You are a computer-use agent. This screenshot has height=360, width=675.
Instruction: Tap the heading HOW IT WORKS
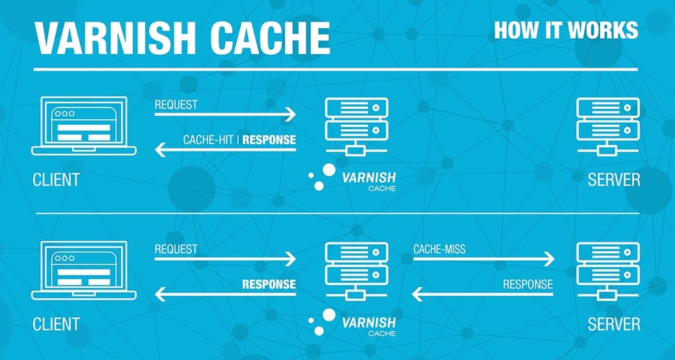pos(565,30)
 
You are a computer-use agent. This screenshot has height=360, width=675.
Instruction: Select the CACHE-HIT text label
pos(210,139)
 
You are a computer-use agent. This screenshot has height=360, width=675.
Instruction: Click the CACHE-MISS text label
pos(439,250)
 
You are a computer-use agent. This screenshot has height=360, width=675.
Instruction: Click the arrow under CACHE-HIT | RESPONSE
pos(226,150)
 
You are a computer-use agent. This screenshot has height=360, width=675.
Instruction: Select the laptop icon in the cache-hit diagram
pos(84,127)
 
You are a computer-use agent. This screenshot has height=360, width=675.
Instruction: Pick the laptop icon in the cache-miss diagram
pos(84,271)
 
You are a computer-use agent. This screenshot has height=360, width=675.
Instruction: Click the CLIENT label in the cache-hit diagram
pos(56,179)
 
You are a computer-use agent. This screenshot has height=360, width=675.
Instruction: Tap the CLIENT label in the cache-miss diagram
pos(56,324)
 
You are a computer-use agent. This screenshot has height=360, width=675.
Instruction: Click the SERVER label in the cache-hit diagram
pos(614,179)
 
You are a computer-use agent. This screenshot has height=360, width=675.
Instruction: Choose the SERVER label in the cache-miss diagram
pos(614,324)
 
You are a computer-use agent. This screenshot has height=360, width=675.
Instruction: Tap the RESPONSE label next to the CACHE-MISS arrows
pos(528,284)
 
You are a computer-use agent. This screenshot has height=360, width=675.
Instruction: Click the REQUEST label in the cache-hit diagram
pos(176,105)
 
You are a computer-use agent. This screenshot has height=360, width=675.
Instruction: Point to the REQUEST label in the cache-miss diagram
pos(176,250)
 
